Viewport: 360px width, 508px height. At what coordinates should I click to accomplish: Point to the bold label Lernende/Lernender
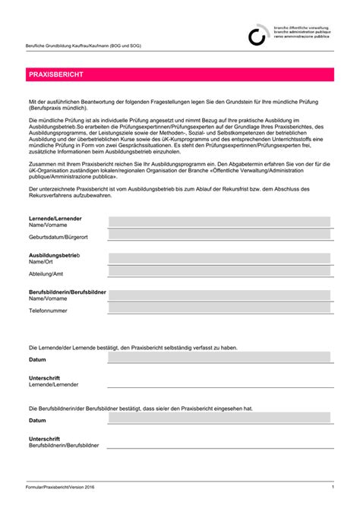click(55, 219)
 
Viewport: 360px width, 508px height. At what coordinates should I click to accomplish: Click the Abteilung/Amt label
click(46, 274)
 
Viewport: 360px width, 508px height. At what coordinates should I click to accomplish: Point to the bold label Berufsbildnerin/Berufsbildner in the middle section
click(67, 292)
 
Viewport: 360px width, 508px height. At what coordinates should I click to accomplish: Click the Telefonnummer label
click(48, 311)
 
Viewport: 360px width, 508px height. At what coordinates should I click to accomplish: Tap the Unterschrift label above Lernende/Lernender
click(44, 378)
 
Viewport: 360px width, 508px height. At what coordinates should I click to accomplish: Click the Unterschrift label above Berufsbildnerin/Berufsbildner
click(44, 438)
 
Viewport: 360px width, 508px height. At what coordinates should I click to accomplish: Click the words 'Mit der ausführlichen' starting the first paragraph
click(58, 101)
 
